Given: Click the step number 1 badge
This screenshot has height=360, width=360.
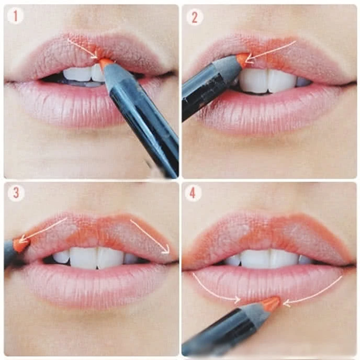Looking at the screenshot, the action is point(15,16).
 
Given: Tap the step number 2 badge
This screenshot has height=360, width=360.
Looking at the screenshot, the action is point(194,17).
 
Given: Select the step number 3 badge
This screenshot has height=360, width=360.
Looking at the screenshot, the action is point(16,193).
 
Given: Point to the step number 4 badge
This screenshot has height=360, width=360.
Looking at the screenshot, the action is point(193,193).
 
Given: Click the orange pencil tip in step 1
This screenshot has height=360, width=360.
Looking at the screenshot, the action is point(105,62).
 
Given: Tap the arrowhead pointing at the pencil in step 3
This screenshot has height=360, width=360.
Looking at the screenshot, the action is point(22,239).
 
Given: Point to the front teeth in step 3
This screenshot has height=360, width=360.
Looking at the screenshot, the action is point(96,257).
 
